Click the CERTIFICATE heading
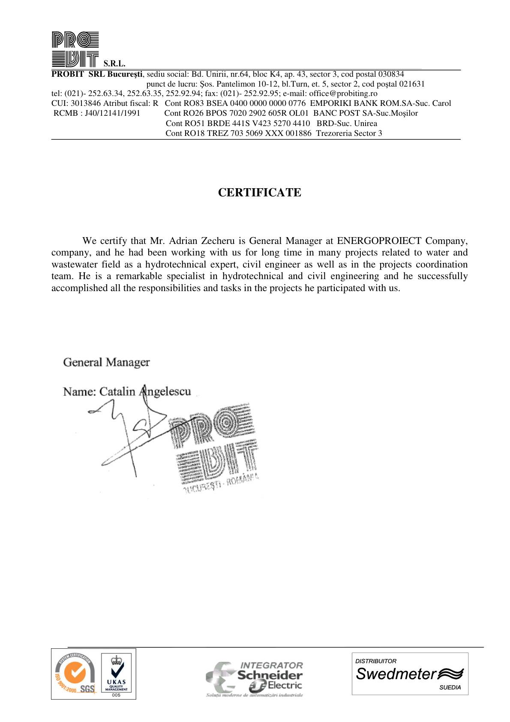pyautogui.click(x=259, y=193)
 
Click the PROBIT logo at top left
pyautogui.click(x=75, y=50)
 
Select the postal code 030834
pyautogui.click(x=390, y=74)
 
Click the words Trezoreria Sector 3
pyautogui.click(x=349, y=133)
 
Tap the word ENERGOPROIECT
pyautogui.click(x=379, y=241)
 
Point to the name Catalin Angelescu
pyautogui.click(x=145, y=391)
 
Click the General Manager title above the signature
pyautogui.click(x=106, y=362)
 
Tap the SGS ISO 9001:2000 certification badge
pyautogui.click(x=75, y=674)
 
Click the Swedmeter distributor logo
pyautogui.click(x=410, y=674)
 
